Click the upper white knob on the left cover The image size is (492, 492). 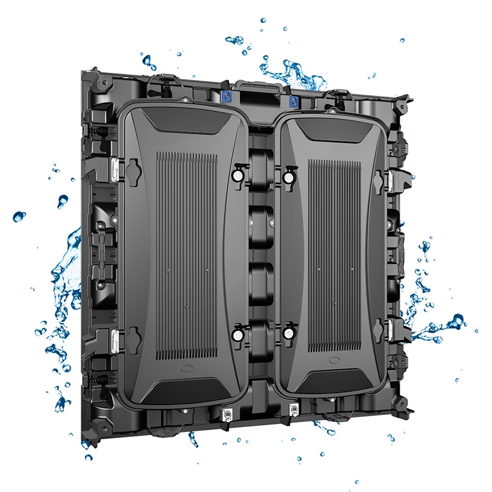click(237, 175)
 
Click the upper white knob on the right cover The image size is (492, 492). click(288, 177)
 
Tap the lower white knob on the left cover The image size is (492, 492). click(237, 335)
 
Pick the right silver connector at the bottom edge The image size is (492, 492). click(294, 409)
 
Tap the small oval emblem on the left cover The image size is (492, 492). click(187, 369)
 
